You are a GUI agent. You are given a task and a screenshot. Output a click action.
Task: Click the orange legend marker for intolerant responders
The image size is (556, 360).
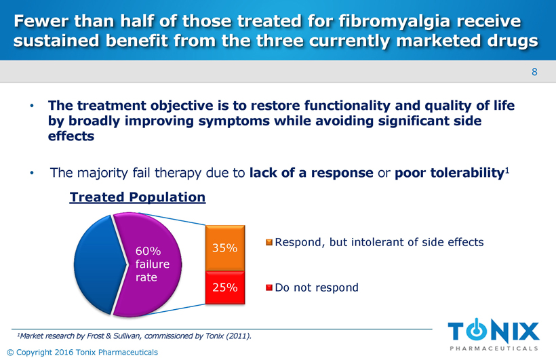point(269,242)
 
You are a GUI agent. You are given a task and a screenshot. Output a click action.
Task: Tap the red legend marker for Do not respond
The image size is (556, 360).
point(269,287)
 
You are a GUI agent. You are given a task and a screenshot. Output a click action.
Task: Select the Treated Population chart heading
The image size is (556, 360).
point(138,197)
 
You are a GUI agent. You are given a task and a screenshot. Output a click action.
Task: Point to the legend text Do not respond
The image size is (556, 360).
point(317,287)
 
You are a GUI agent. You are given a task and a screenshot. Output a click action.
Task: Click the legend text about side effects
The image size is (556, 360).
point(379,242)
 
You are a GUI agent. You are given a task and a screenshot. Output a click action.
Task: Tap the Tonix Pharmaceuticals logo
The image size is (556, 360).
point(494,335)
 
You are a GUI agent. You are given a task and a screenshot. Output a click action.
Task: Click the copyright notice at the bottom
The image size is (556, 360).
point(81,352)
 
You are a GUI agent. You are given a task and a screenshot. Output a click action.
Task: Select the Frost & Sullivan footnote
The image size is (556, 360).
point(134,336)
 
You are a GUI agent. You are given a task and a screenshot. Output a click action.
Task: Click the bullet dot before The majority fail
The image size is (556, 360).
point(31,174)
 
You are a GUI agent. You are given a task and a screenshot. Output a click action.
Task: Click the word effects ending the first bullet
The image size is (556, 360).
point(71,136)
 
